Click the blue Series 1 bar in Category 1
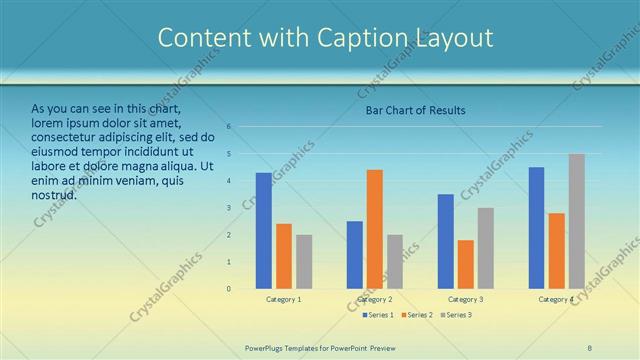[x=264, y=231]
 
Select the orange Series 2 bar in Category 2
[x=375, y=229]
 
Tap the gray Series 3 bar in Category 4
[x=577, y=221]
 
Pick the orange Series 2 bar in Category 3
[x=466, y=264]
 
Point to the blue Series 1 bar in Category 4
[x=537, y=228]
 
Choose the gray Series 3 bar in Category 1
[x=304, y=262]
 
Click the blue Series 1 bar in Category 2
[x=355, y=255]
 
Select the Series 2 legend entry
[x=418, y=315]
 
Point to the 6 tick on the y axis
[x=229, y=127]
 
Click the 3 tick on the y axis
[x=229, y=208]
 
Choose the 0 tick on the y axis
[x=229, y=289]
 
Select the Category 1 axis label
[x=284, y=299]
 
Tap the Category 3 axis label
[x=466, y=299]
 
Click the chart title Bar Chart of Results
[x=414, y=110]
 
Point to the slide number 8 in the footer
[x=590, y=347]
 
